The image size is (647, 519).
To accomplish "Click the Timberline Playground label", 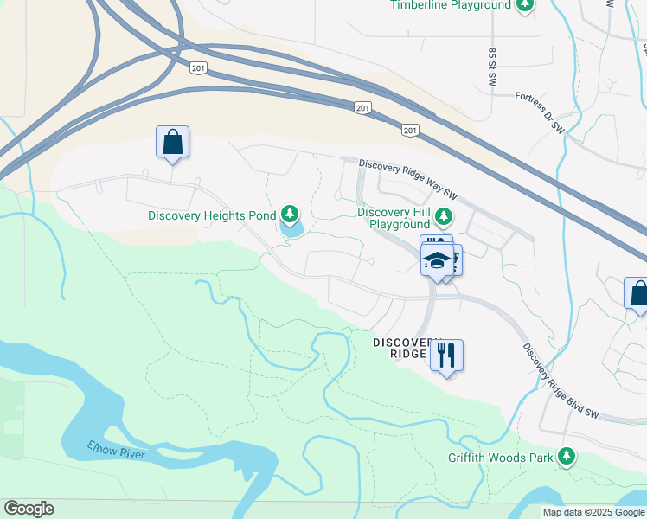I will [x=451, y=5].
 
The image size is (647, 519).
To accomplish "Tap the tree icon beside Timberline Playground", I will [x=524, y=6].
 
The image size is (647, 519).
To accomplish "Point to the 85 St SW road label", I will [x=491, y=65].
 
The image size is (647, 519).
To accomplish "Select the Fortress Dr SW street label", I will [x=539, y=113].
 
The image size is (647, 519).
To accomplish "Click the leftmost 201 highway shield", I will [x=198, y=68].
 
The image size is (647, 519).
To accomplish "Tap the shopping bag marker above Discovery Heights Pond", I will [x=172, y=143].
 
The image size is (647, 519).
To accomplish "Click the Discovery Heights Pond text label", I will [x=212, y=215].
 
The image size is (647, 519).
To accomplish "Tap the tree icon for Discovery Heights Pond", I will [x=290, y=215].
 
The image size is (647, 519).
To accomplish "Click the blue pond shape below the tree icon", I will [x=291, y=230].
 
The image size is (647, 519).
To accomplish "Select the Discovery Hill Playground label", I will [x=394, y=218].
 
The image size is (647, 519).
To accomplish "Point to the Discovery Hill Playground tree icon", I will [x=444, y=215].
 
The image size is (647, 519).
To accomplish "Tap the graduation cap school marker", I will [x=438, y=259].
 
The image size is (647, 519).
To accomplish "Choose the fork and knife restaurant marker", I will [x=446, y=355].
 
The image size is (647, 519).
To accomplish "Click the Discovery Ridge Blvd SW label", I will [x=561, y=381].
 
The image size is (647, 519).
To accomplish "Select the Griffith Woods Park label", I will [x=500, y=458].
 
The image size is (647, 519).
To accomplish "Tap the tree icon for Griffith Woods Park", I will [x=567, y=455].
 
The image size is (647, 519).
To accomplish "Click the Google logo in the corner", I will [x=29, y=509].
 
